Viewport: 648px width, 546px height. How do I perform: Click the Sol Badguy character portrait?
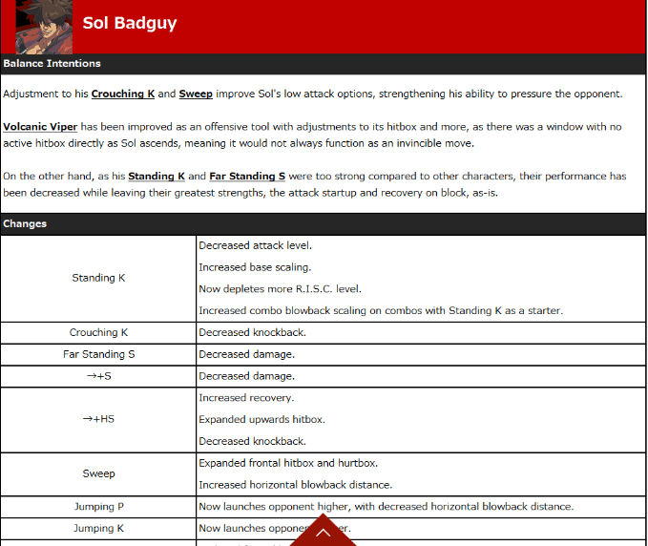44,27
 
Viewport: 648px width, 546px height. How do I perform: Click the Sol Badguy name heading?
130,23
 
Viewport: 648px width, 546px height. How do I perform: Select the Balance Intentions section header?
52,64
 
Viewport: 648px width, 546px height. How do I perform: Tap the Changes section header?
25,224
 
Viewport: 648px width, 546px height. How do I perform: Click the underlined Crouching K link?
123,94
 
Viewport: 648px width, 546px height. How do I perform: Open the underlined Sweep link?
196,94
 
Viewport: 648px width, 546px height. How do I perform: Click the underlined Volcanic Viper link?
40,127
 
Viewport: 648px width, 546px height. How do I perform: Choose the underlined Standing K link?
157,177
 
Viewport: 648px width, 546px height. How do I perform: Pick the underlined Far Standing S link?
247,177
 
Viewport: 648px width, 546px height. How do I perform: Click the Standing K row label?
98,279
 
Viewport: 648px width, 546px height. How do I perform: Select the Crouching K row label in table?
98,333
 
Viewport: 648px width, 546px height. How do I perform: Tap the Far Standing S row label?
98,355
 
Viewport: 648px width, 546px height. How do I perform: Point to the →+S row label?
98,377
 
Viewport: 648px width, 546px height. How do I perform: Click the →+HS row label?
98,419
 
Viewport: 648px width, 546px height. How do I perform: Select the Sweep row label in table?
98,473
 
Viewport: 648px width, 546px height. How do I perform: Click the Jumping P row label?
98,507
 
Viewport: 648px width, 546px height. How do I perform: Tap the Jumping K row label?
98,529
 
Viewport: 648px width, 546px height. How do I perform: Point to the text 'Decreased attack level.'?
256,246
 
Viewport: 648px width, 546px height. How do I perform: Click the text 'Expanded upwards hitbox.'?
261,420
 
